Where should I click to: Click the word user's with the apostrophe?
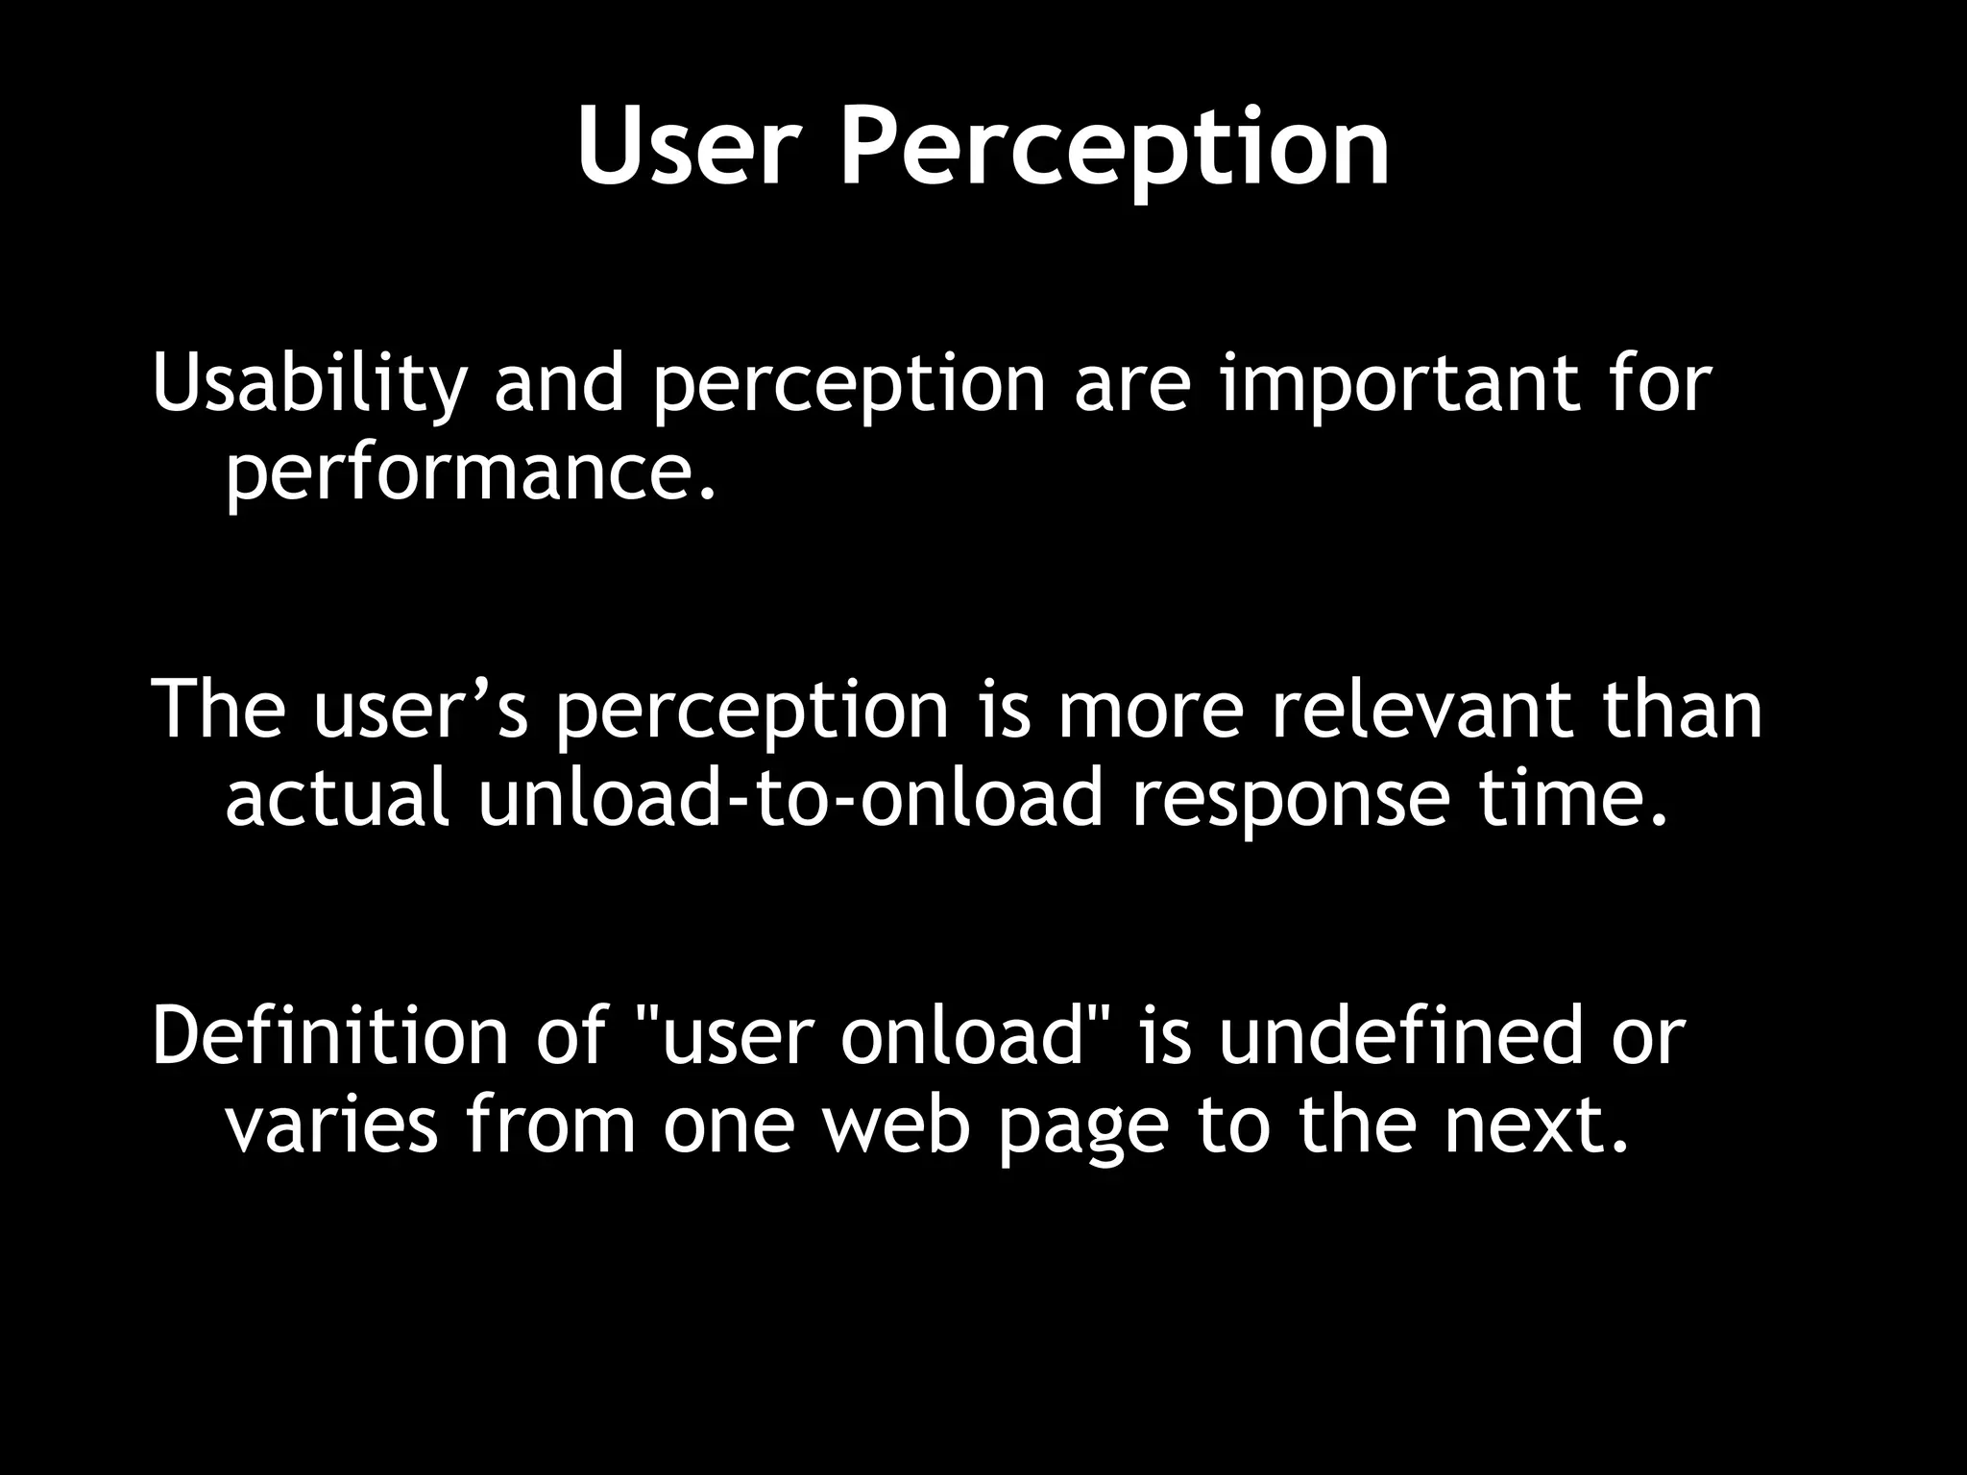click(422, 711)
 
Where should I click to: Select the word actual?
click(337, 798)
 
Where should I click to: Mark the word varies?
click(331, 1124)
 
